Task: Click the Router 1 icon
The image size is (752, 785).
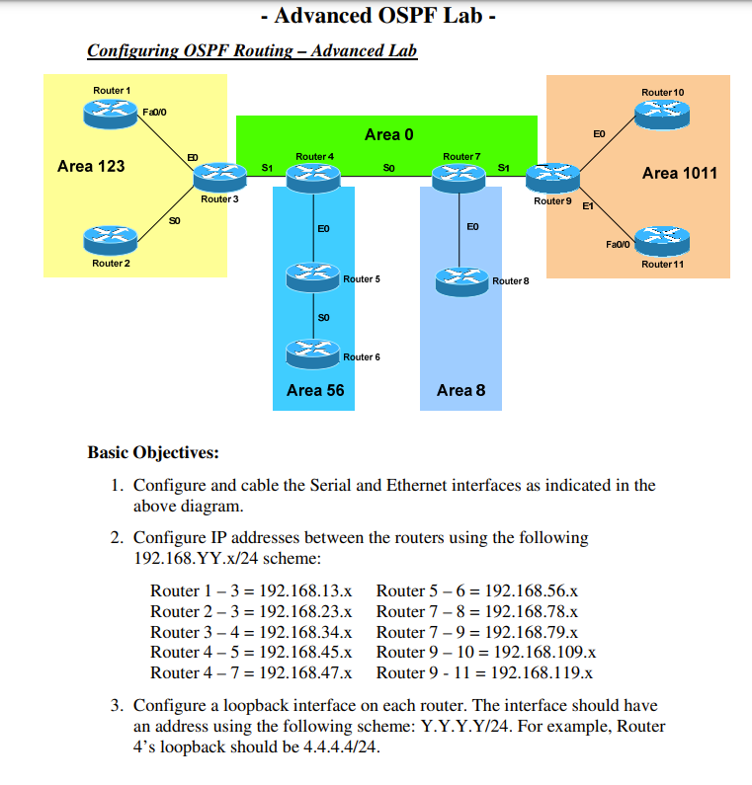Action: (x=111, y=113)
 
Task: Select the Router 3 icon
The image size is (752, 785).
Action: (x=217, y=176)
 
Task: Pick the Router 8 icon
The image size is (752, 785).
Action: (x=461, y=279)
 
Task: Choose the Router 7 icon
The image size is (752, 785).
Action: (x=460, y=176)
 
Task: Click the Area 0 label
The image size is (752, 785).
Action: (x=382, y=134)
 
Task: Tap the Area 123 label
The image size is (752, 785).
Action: (x=91, y=166)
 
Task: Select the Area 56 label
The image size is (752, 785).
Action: (x=315, y=390)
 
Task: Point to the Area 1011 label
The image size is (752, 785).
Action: (x=679, y=173)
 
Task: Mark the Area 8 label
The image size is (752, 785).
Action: (x=460, y=390)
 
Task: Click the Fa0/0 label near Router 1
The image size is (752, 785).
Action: (x=155, y=113)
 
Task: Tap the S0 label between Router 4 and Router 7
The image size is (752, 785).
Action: (x=388, y=168)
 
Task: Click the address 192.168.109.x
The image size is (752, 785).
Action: (x=543, y=653)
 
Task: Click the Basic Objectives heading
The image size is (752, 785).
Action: (x=153, y=453)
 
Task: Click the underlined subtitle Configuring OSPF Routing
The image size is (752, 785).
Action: (x=252, y=50)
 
